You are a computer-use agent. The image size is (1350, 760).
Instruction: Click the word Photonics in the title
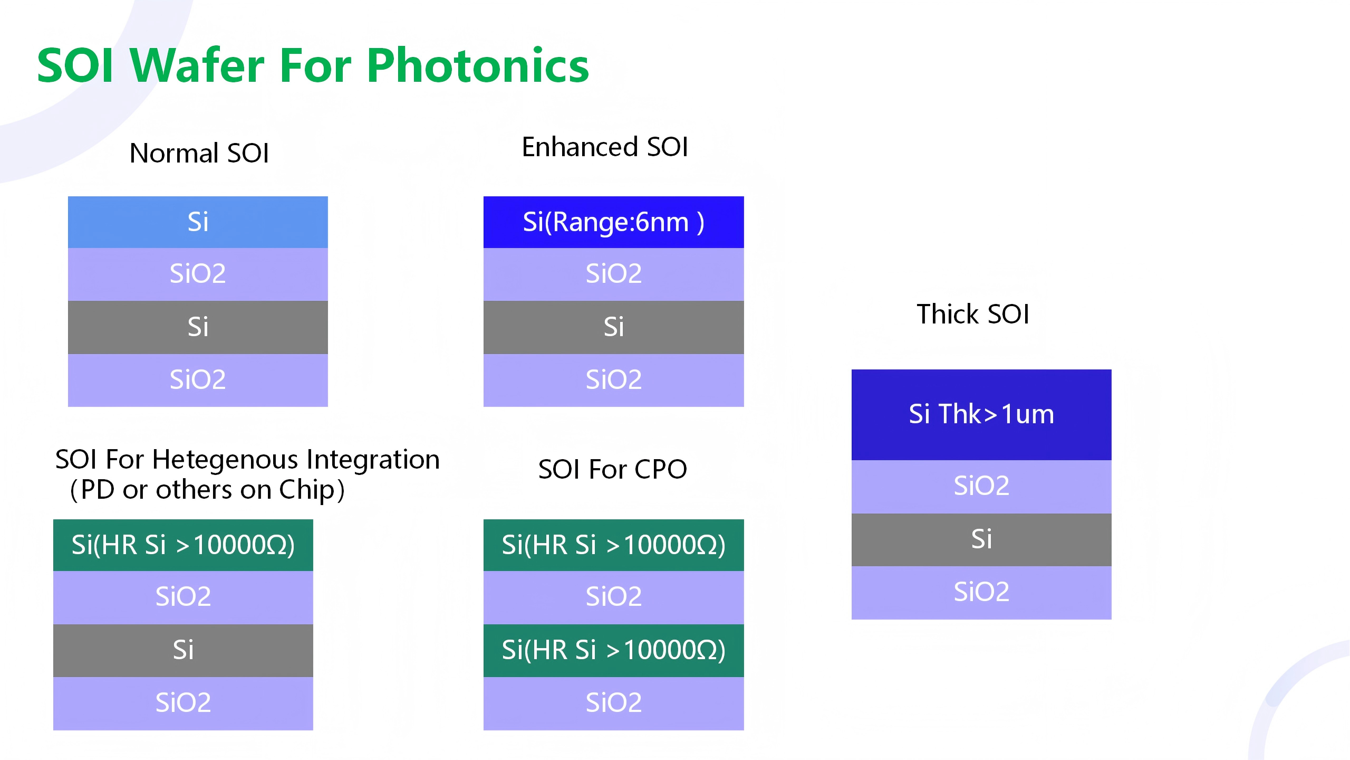point(478,66)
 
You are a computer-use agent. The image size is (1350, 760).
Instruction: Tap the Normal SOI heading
point(199,153)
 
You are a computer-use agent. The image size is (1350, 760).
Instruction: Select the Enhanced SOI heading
point(605,147)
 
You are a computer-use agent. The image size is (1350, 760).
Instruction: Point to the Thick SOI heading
point(973,314)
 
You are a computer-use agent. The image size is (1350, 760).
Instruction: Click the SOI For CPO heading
point(613,469)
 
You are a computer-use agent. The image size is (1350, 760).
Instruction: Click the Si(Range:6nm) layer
point(614,222)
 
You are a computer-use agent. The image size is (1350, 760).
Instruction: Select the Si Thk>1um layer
point(981,415)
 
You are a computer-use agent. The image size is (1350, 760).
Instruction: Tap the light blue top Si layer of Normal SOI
point(198,222)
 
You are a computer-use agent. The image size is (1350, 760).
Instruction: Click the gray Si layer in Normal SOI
point(198,327)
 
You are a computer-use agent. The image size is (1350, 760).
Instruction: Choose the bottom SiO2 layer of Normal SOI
point(198,380)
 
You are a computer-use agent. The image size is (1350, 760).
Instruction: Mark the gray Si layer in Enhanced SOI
point(614,327)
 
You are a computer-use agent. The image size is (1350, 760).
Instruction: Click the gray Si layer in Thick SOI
point(981,540)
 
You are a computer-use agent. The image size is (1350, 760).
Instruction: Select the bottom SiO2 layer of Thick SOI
point(981,593)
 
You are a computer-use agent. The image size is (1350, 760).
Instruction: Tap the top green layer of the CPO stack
point(614,545)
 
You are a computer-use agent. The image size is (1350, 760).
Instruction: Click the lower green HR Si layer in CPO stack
point(614,651)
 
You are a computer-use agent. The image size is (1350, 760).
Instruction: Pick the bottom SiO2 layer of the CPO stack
point(614,704)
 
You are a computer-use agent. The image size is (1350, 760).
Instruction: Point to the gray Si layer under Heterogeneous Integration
point(183,651)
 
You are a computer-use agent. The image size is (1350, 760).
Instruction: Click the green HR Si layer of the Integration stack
point(183,545)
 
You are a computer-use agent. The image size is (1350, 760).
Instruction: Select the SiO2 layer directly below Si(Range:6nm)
point(614,274)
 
